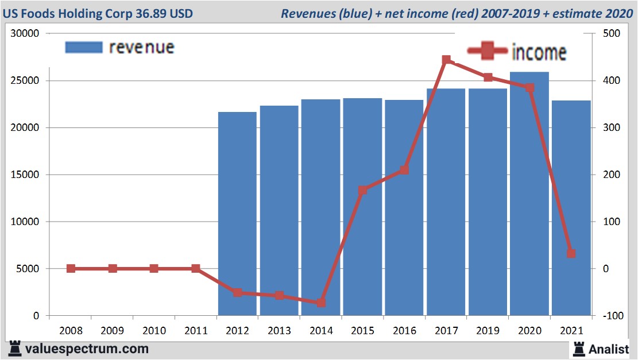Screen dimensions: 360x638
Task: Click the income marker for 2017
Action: pyautogui.click(x=446, y=60)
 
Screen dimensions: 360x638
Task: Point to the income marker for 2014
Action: pyautogui.click(x=321, y=303)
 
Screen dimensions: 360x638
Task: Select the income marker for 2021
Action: pyautogui.click(x=571, y=253)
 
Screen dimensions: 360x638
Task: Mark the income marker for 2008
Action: pyautogui.click(x=71, y=268)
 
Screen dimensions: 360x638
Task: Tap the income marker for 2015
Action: pyautogui.click(x=362, y=190)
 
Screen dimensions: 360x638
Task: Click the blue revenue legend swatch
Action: pyautogui.click(x=84, y=47)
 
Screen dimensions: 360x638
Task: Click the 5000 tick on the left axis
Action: pyautogui.click(x=27, y=269)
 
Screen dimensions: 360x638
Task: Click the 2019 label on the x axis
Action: pyautogui.click(x=488, y=331)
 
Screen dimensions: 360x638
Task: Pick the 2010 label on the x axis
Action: pyautogui.click(x=154, y=331)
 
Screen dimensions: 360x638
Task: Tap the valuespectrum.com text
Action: pyautogui.click(x=86, y=349)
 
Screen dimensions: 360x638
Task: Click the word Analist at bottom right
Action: pyautogui.click(x=609, y=349)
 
